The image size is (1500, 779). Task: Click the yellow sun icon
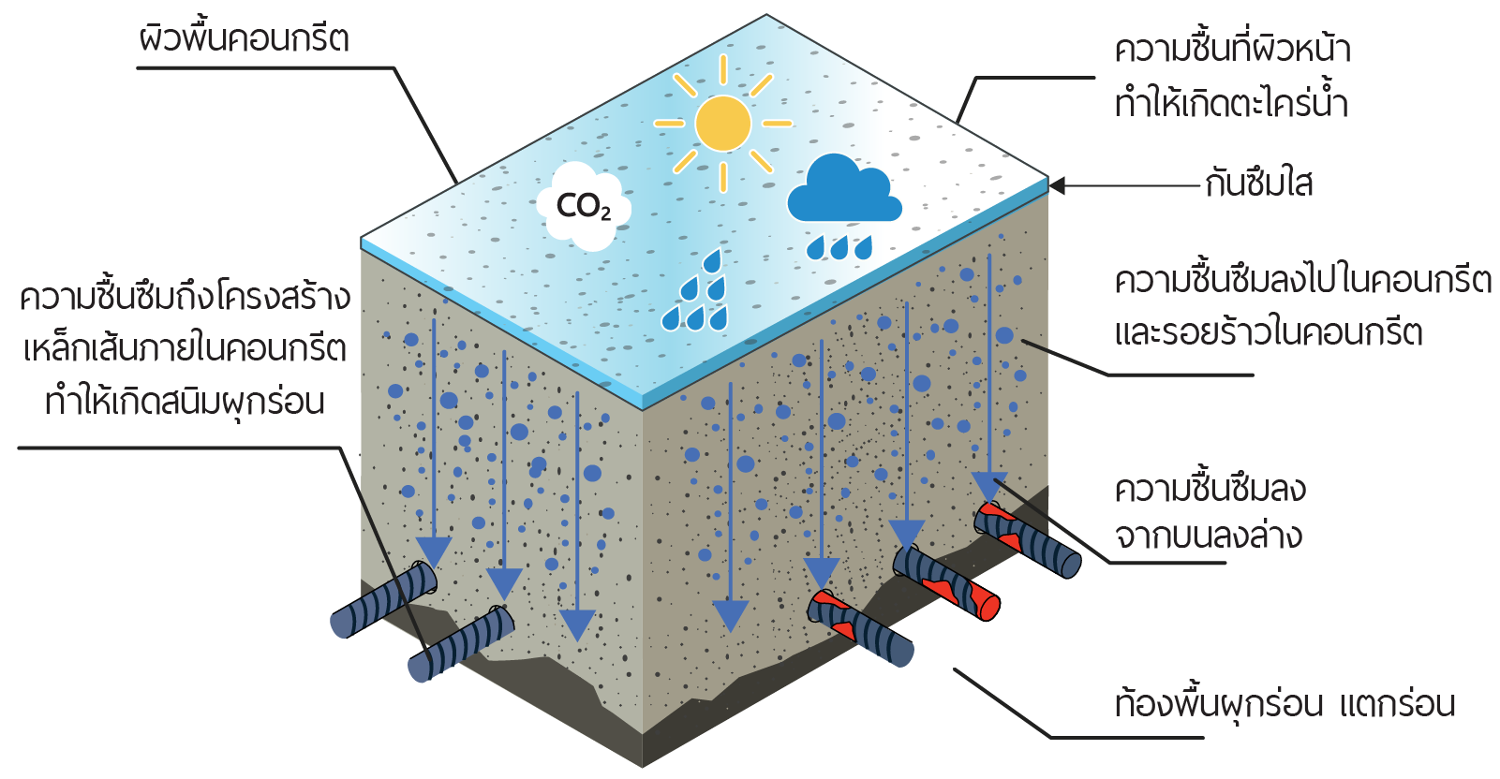(x=722, y=124)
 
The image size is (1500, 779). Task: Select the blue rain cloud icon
(x=843, y=191)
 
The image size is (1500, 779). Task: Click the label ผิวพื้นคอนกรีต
(x=244, y=39)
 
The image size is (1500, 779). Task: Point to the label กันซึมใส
(x=1259, y=184)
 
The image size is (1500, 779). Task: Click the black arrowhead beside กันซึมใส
(x=1058, y=185)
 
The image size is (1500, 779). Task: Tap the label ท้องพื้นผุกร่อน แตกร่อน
(x=1285, y=704)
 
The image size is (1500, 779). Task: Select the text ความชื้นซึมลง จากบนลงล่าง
(x=1210, y=513)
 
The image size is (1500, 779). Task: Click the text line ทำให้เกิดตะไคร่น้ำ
(x=1231, y=102)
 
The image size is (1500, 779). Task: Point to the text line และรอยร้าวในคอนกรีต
(x=1268, y=332)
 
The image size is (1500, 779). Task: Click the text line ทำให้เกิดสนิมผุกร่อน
(x=186, y=403)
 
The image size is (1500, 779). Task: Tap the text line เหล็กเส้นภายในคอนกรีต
(x=186, y=349)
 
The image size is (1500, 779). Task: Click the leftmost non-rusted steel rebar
(x=384, y=599)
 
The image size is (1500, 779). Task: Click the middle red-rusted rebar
(x=946, y=582)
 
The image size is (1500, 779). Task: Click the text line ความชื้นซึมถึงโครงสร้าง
(x=186, y=297)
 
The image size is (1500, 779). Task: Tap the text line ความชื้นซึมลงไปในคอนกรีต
(x=1302, y=280)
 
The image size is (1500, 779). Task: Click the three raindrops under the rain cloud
(x=839, y=247)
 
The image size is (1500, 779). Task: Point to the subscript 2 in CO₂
(x=606, y=215)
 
